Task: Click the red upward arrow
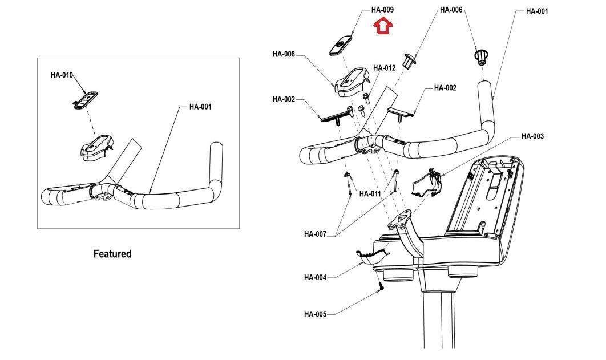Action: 383,26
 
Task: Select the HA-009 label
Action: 382,10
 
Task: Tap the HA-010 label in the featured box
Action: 62,75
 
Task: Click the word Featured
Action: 112,254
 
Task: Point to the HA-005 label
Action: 316,314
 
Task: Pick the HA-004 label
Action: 316,278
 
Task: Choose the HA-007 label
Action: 316,234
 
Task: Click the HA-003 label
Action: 532,136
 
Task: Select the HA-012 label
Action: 385,68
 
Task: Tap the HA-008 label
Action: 284,54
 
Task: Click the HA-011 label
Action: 370,194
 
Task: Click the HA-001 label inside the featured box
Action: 200,107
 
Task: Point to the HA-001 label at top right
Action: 537,11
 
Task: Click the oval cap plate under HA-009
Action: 340,44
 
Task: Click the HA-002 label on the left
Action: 284,99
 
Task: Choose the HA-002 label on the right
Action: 445,88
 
